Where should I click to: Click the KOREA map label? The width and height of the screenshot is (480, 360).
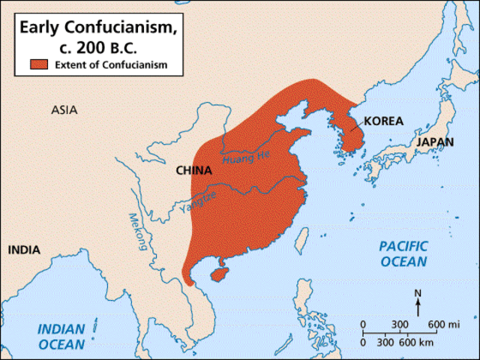coord(385,121)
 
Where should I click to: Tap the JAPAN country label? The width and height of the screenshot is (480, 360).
coord(436,141)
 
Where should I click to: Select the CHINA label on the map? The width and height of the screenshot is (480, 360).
coord(193,170)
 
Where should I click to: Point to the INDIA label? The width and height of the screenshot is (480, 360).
coord(25,250)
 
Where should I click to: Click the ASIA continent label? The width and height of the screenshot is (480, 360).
coord(64,110)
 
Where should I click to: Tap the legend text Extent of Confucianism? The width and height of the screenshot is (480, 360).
coord(110,65)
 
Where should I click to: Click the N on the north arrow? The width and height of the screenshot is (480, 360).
coord(418,293)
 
